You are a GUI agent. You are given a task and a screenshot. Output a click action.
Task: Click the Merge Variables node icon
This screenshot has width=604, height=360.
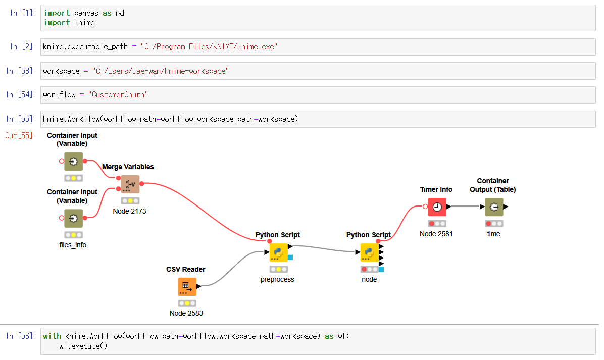pos(130,184)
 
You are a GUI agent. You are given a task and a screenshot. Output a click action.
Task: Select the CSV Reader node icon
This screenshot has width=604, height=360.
pos(187,287)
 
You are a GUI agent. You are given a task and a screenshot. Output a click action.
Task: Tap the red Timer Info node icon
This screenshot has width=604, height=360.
pos(437,207)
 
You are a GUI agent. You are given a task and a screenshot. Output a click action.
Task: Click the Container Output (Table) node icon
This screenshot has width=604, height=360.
pos(494,207)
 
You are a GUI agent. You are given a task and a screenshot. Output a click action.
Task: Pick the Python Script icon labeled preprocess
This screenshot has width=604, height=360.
pos(278,252)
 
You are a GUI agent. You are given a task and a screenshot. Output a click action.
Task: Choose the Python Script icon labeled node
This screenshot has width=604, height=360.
pos(369,252)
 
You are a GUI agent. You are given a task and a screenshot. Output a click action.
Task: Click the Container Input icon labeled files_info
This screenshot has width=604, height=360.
pos(73,218)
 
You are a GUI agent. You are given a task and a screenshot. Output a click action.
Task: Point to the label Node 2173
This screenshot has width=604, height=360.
pos(129,211)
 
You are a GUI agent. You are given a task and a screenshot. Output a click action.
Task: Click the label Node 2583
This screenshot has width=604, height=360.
pos(186,313)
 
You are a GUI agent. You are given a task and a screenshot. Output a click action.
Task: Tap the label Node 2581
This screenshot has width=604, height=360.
pos(436,234)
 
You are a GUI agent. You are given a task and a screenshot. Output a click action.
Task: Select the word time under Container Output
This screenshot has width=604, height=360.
pos(493,234)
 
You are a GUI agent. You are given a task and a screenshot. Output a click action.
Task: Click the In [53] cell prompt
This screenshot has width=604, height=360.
pos(21,71)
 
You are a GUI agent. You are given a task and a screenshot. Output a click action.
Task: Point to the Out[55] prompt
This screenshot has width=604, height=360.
pos(20,135)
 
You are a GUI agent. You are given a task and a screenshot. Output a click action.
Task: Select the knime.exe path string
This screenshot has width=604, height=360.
pos(209,47)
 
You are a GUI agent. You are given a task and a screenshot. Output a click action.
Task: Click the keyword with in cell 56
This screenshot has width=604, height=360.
pos(52,336)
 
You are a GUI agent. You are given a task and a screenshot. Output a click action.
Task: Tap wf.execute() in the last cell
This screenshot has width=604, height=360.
pos(83,346)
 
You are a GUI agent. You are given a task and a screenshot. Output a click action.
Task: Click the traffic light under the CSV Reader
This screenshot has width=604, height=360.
pos(187,303)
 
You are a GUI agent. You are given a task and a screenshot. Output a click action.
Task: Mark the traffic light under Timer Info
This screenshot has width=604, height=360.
pos(437,224)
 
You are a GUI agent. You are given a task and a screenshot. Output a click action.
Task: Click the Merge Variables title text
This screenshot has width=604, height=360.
pos(128,167)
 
